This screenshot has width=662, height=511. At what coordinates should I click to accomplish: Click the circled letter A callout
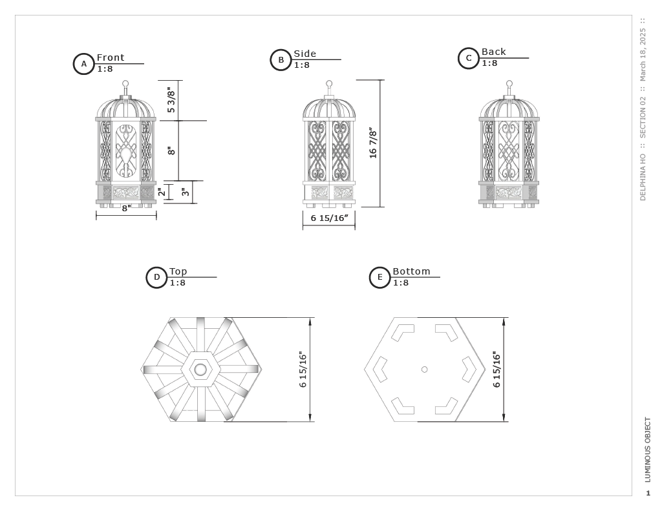[83, 64]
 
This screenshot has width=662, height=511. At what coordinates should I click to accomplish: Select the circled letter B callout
[281, 60]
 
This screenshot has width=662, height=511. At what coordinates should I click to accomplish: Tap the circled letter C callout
[469, 58]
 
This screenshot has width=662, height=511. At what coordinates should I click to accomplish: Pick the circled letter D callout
[156, 277]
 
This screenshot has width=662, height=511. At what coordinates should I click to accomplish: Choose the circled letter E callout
[379, 278]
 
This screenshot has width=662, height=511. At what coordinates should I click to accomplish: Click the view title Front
[111, 57]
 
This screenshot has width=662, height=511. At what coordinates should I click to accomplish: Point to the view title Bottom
[411, 271]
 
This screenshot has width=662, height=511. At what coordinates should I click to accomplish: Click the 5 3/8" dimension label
[171, 100]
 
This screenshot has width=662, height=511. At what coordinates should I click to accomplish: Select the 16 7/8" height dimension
[373, 143]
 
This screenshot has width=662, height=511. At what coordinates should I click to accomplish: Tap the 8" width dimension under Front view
[126, 208]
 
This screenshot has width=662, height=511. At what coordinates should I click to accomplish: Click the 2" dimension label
[162, 192]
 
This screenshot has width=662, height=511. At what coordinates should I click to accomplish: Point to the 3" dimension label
[186, 192]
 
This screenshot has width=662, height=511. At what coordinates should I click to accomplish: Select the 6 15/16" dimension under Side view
[329, 218]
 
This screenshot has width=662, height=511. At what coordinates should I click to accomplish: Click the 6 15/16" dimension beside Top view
[303, 370]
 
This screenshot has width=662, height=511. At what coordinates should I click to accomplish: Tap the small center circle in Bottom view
[424, 370]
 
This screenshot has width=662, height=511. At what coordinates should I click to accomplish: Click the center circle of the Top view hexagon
[200, 370]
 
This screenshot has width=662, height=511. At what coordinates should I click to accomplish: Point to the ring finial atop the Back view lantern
[509, 84]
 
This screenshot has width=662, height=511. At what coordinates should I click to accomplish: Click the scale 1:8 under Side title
[302, 65]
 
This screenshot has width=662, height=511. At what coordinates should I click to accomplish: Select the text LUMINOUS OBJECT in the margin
[648, 450]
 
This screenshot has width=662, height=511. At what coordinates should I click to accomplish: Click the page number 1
[648, 494]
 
